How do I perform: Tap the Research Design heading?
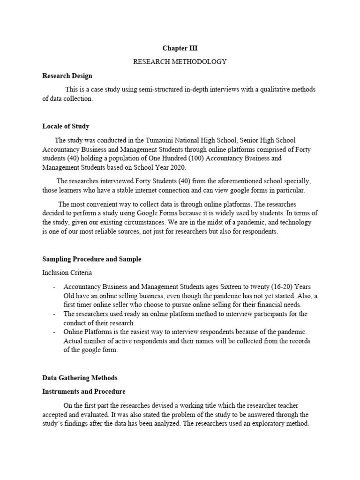(67, 75)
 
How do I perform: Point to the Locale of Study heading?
(66, 126)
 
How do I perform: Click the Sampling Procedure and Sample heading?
(91, 259)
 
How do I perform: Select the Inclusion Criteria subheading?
(67, 272)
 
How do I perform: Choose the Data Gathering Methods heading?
(80, 377)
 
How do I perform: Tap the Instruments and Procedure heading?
(84, 391)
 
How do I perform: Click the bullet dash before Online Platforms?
(54, 332)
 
